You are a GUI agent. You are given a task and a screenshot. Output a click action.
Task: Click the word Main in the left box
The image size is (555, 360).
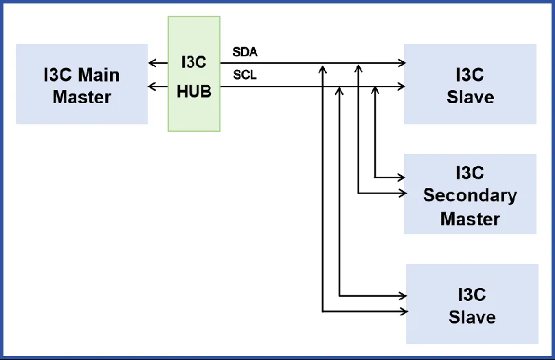(x=99, y=75)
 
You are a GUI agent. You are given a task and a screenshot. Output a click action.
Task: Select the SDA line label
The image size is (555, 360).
(x=245, y=52)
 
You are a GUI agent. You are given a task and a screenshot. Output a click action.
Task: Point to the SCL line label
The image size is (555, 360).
(x=245, y=75)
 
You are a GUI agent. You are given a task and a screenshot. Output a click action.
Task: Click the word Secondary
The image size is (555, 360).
(x=470, y=195)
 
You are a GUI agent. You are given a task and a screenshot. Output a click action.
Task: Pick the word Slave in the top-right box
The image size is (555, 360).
(x=470, y=97)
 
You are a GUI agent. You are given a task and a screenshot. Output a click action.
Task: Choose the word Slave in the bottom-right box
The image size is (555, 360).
(x=472, y=317)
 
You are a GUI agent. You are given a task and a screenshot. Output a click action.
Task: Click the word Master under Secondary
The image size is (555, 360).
(x=470, y=219)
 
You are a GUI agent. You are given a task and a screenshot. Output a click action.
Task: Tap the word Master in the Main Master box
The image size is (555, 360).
(x=82, y=97)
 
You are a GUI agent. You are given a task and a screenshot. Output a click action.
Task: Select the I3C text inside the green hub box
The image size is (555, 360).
(x=194, y=62)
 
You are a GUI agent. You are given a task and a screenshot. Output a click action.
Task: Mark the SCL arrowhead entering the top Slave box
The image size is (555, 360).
(x=402, y=87)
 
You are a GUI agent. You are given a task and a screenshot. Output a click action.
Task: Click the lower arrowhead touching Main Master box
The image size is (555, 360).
(x=152, y=87)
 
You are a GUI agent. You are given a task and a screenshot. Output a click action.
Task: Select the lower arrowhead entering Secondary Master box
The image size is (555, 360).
(x=402, y=194)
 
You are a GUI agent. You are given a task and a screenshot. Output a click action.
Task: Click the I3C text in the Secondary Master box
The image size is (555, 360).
(x=470, y=172)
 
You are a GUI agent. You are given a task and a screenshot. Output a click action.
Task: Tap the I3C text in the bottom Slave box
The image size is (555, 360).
(x=472, y=295)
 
